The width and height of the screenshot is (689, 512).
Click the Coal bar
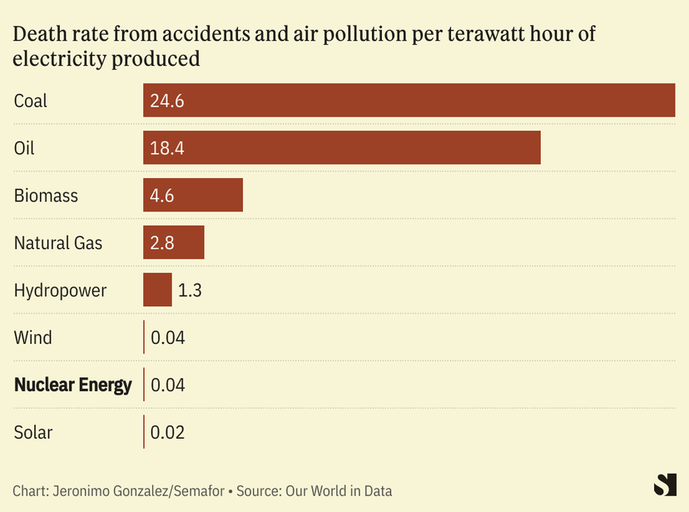pyautogui.click(x=409, y=101)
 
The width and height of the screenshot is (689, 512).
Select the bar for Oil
pyautogui.click(x=341, y=148)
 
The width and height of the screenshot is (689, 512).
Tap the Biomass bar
pyautogui.click(x=192, y=196)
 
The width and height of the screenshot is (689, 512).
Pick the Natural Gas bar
pyautogui.click(x=173, y=243)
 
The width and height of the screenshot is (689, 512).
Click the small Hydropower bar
pyautogui.click(x=157, y=291)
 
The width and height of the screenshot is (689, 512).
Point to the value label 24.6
pyautogui.click(x=166, y=101)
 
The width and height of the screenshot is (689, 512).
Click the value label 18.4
pyautogui.click(x=166, y=148)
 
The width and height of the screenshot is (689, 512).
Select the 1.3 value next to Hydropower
pyautogui.click(x=190, y=291)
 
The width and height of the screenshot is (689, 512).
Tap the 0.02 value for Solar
pyautogui.click(x=167, y=432)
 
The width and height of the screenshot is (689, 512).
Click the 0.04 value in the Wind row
pyautogui.click(x=167, y=338)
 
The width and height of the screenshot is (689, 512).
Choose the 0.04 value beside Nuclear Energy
pyautogui.click(x=167, y=385)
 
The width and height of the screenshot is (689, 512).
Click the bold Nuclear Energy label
pyautogui.click(x=73, y=385)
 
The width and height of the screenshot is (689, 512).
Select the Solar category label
pyautogui.click(x=33, y=432)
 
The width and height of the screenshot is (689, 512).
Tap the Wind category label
pyautogui.click(x=33, y=338)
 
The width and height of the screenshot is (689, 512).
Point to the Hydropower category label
pyautogui.click(x=60, y=291)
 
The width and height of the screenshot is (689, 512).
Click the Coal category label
pyautogui.click(x=31, y=101)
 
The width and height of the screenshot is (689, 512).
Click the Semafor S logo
pyautogui.click(x=665, y=485)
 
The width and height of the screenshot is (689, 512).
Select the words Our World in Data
pyautogui.click(x=339, y=490)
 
